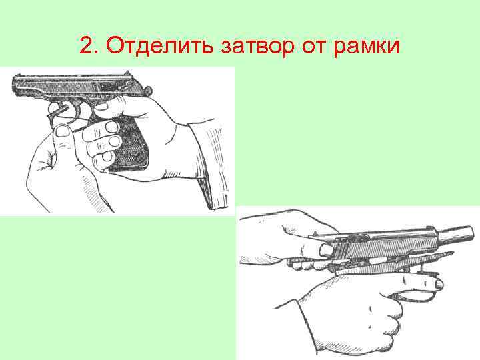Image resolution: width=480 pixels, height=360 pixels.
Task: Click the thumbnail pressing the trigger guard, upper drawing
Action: (63, 131)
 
